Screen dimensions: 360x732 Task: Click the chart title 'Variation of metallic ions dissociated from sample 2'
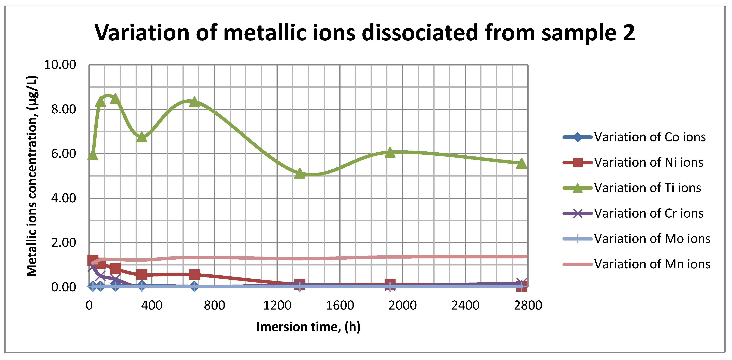click(x=365, y=33)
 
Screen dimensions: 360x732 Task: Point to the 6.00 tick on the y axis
click(x=64, y=154)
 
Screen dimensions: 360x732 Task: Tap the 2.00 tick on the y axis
click(x=64, y=243)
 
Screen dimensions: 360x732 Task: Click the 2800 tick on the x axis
click(x=528, y=305)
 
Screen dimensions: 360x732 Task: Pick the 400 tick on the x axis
click(x=152, y=305)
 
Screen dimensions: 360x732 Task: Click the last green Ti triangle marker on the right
click(x=521, y=163)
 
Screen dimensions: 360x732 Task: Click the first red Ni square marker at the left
click(x=93, y=260)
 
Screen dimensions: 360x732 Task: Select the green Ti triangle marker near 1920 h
click(x=390, y=152)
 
